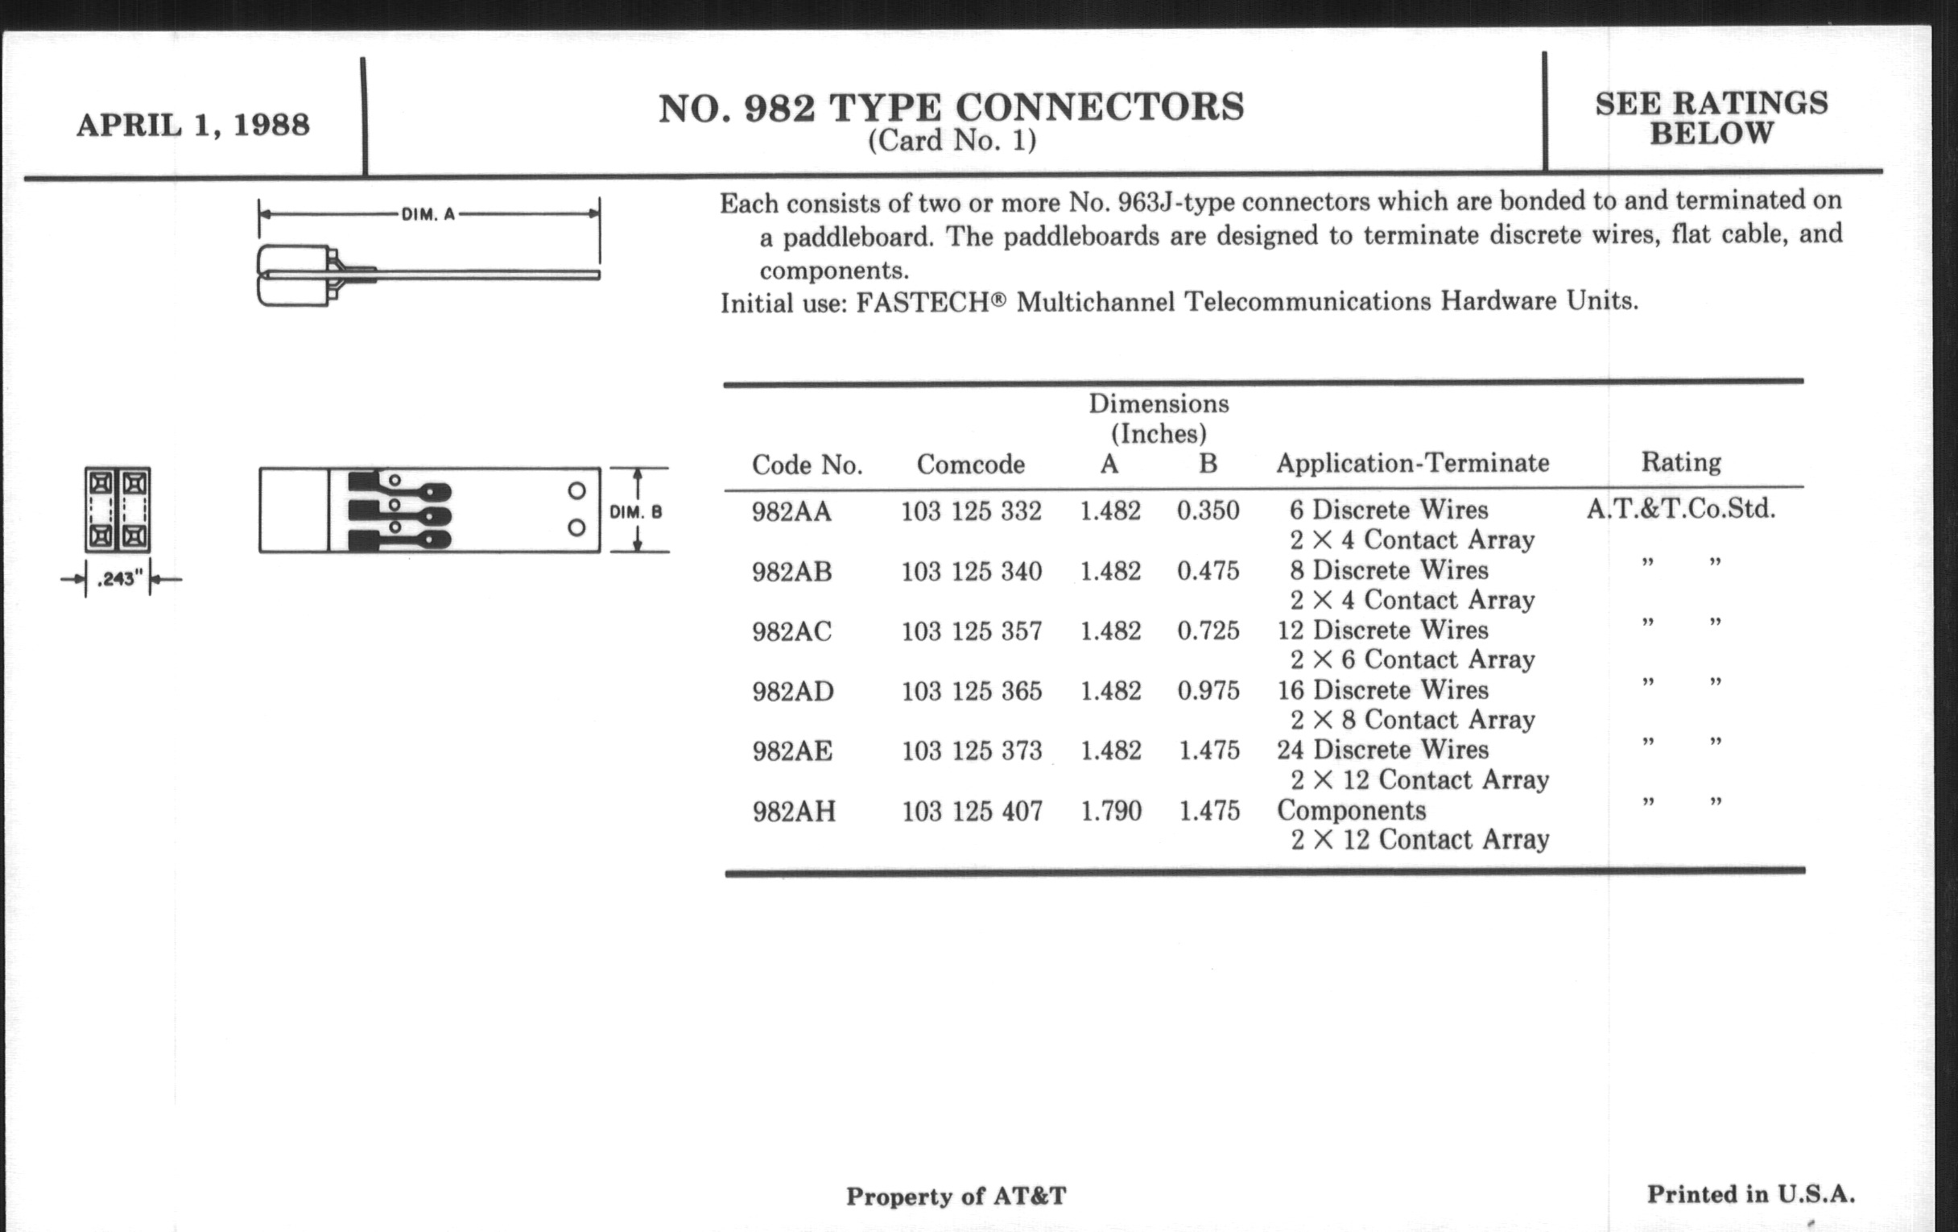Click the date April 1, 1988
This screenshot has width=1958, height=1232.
[x=192, y=126]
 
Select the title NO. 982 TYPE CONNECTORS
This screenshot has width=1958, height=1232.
[x=951, y=108]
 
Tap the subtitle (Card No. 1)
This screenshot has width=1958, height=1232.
[x=952, y=141]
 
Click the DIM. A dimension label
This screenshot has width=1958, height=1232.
[x=428, y=215]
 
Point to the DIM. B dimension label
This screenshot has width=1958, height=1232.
[x=636, y=512]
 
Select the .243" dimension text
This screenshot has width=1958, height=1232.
[x=119, y=580]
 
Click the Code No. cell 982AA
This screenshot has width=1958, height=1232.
[x=791, y=512]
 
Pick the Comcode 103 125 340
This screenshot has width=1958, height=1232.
[x=971, y=572]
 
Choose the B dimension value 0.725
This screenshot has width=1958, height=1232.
[x=1208, y=631]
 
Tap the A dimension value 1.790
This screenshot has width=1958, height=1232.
[x=1111, y=811]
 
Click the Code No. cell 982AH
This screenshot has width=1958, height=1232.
[x=794, y=812]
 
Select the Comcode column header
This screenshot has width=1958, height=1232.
[x=970, y=465]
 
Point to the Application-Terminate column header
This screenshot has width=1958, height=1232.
[x=1412, y=464]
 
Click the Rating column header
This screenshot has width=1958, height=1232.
[x=1681, y=463]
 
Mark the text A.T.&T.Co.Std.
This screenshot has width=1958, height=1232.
[x=1681, y=510]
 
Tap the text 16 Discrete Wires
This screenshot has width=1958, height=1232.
[x=1382, y=690]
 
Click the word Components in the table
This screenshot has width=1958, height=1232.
[x=1352, y=811]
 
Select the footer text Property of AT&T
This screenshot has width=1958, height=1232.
[x=956, y=1197]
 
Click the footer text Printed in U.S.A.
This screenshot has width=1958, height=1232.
[x=1750, y=1195]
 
